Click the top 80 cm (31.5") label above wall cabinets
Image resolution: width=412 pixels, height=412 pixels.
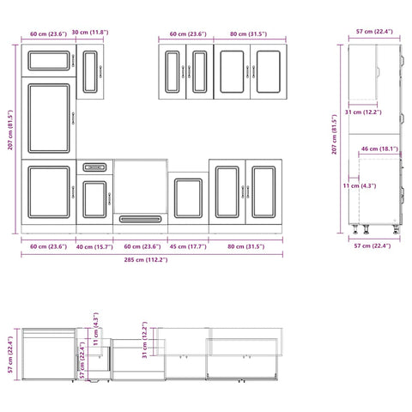(246, 33)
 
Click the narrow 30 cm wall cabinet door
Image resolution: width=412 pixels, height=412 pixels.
(91, 70)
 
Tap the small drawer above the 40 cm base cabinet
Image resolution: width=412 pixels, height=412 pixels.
(94, 167)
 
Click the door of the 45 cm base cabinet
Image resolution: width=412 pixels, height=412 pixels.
(187, 198)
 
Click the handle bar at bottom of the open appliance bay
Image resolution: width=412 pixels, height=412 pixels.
(140, 220)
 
